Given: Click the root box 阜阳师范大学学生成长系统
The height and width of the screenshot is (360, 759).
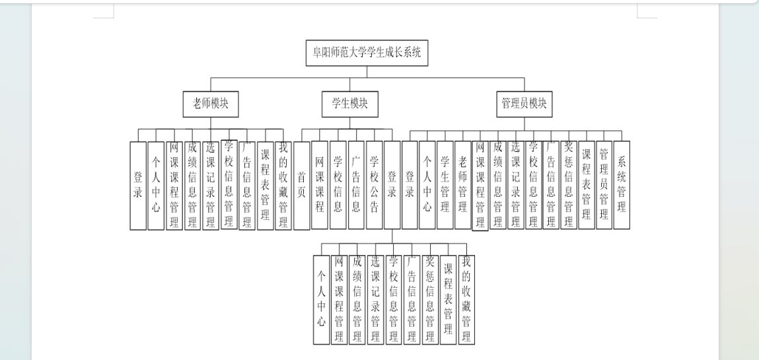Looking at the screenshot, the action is click(367, 53).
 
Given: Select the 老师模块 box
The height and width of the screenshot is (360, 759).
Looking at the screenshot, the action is click(211, 104).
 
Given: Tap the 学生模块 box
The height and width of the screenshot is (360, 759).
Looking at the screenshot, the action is click(350, 104).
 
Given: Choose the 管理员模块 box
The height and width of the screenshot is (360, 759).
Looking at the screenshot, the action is click(524, 104).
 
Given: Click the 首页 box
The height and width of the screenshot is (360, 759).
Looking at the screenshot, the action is click(302, 186).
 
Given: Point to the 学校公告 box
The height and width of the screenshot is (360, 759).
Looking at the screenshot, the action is click(374, 185).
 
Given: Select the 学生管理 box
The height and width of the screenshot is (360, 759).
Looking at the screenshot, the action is click(445, 185).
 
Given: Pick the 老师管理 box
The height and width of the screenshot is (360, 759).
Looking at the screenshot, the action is click(463, 185).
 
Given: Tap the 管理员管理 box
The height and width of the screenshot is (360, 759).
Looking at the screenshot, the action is click(604, 185).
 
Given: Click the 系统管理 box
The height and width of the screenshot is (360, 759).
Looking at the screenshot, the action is click(622, 185).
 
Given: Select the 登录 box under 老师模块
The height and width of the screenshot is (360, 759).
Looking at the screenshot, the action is click(138, 186).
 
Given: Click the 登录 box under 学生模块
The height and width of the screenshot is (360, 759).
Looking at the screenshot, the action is click(392, 185).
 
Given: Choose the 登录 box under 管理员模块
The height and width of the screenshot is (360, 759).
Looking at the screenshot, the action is click(410, 185).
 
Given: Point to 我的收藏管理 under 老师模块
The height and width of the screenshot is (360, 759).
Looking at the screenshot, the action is click(283, 186).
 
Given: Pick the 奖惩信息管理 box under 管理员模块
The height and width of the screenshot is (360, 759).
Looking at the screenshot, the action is click(569, 185).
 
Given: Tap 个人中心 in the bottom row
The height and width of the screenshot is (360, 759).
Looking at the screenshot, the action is click(322, 300).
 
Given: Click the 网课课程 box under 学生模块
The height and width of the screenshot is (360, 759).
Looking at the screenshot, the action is click(320, 185).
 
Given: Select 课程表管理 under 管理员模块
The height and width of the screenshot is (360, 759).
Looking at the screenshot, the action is click(586, 185).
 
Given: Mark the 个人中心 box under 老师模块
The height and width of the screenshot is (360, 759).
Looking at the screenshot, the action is click(156, 186).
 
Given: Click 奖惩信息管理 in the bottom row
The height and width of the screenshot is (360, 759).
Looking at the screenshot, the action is click(430, 300).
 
